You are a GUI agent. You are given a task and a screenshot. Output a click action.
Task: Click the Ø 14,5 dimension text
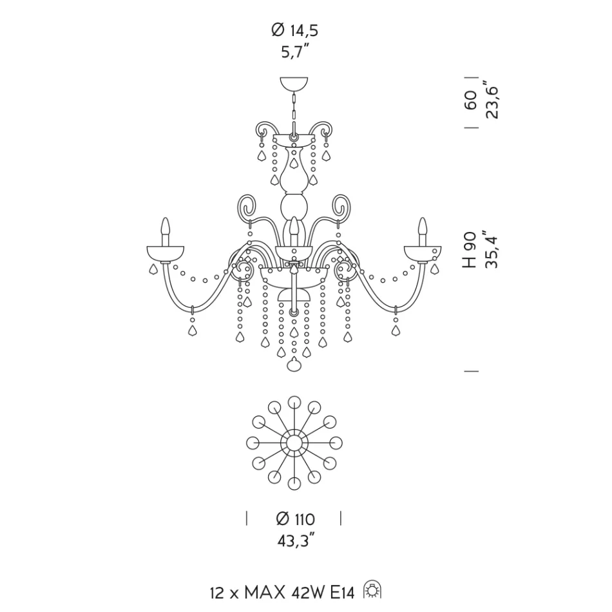pyautogui.click(x=294, y=30)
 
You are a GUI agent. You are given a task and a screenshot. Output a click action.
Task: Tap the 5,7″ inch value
pyautogui.click(x=296, y=51)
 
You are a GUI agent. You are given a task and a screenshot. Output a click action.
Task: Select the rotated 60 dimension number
pyautogui.click(x=471, y=100)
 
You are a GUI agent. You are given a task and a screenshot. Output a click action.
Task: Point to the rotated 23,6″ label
pyautogui.click(x=492, y=100)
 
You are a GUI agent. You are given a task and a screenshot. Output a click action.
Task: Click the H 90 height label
pyautogui.click(x=470, y=250)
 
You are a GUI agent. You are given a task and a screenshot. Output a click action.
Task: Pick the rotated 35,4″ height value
pyautogui.click(x=492, y=250)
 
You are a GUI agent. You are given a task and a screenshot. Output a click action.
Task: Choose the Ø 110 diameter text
pyautogui.click(x=296, y=519)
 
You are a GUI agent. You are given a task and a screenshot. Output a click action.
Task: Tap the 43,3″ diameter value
pyautogui.click(x=296, y=540)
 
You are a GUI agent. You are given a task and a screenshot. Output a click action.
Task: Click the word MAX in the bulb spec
pyautogui.click(x=265, y=593)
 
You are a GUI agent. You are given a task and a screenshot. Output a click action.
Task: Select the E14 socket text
pyautogui.click(x=343, y=593)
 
